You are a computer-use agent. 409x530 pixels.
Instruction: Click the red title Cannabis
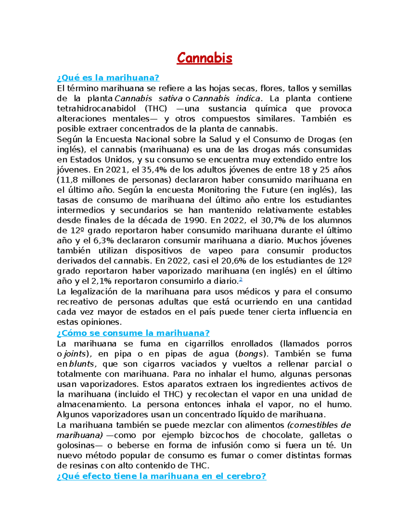(204, 58)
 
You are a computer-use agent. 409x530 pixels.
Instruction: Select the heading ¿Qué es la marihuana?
(108, 78)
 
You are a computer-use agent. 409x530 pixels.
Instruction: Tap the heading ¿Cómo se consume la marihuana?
(133, 333)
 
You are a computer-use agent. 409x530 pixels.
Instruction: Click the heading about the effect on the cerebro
(161, 476)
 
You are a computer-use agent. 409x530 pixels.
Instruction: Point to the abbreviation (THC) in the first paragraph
(156, 109)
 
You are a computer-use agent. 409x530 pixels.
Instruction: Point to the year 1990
(195, 220)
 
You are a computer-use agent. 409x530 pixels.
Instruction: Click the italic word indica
(248, 99)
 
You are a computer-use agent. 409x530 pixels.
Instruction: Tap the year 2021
(116, 170)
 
